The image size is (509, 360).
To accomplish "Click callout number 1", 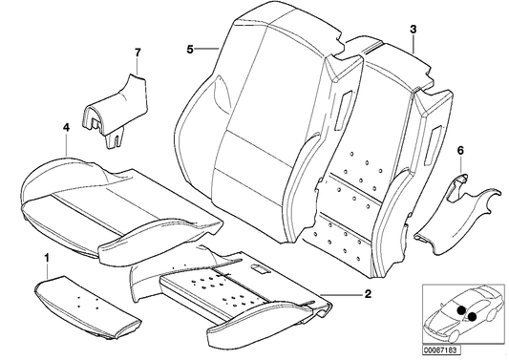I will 46,258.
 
